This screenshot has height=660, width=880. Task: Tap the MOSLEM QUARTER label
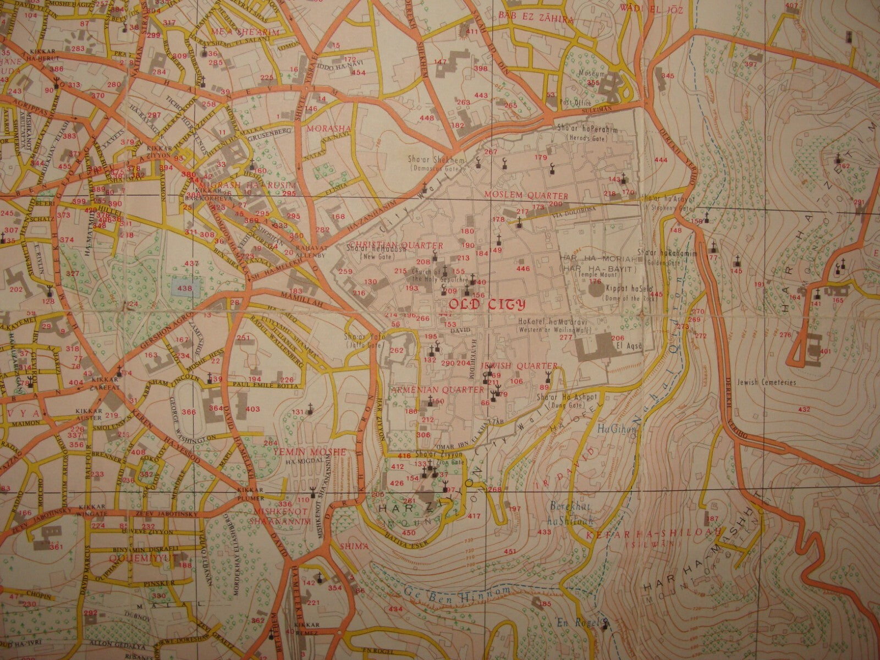point(526,196)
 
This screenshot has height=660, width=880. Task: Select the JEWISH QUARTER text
point(519,366)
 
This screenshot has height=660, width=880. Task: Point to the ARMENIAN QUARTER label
point(437,389)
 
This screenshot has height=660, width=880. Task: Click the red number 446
point(522,268)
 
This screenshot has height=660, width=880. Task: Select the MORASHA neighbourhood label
point(321,129)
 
